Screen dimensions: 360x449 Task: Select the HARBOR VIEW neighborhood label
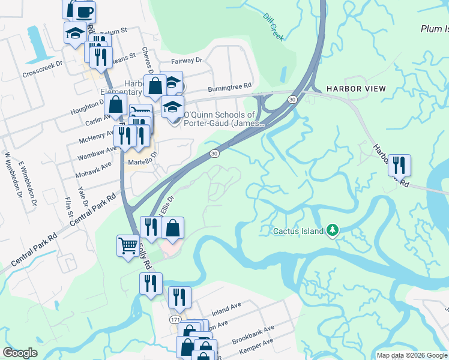356,89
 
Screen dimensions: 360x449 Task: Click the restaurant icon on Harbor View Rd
399,165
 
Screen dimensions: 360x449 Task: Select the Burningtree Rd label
229,88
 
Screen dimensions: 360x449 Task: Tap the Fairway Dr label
187,61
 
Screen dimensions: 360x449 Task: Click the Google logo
20,353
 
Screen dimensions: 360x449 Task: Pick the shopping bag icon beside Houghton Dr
115,105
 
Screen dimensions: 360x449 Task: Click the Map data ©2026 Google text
412,355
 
